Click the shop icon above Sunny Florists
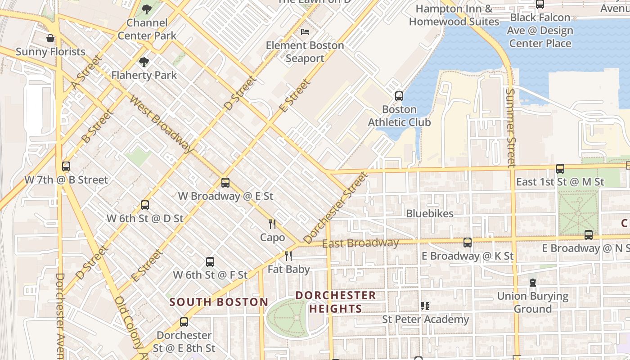click(50, 38)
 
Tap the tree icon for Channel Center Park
click(147, 9)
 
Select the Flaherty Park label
click(144, 75)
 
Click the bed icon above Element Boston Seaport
click(305, 32)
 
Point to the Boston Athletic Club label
click(399, 116)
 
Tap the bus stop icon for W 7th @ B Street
click(66, 166)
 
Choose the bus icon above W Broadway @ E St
click(225, 183)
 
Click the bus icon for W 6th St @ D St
click(145, 205)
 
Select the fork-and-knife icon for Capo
click(272, 224)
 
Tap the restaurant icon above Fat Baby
click(288, 256)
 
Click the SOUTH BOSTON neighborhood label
click(219, 302)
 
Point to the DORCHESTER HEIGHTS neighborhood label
click(336, 302)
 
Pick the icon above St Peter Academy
click(425, 306)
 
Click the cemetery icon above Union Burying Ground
click(533, 283)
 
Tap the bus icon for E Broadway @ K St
click(468, 243)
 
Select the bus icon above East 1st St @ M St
click(560, 169)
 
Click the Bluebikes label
click(430, 213)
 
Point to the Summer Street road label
click(510, 127)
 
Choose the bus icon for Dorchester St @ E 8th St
click(184, 322)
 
